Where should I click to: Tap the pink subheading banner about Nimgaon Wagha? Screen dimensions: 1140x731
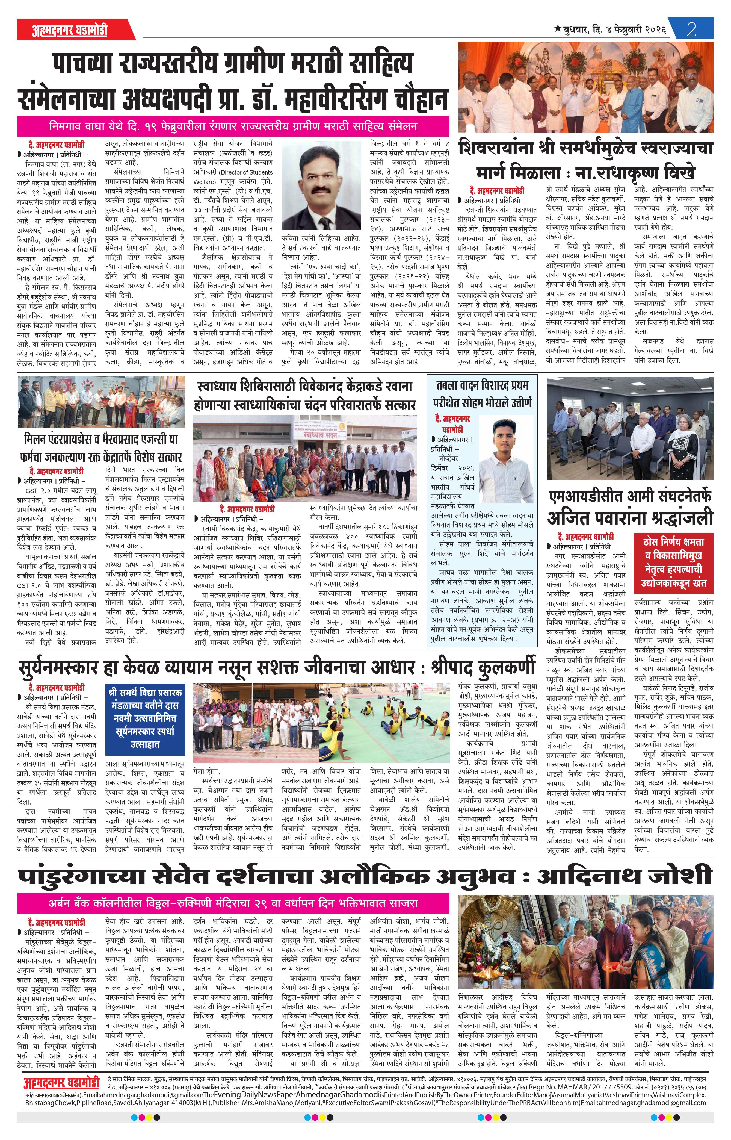pos(233,127)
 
